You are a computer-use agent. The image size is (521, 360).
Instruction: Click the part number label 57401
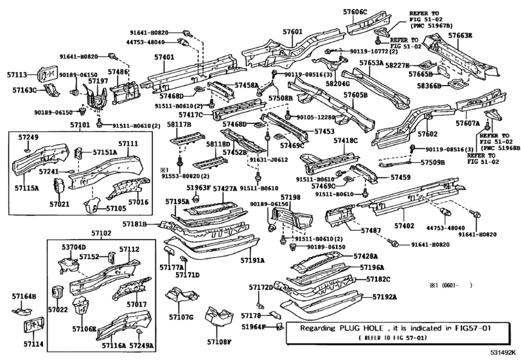pos(164,57)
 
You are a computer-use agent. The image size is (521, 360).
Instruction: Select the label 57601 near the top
pos(292,32)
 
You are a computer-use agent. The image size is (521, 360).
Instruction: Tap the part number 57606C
pos(355,12)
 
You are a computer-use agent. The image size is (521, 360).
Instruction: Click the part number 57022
pos(57,309)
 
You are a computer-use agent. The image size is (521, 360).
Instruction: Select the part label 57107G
pos(181,317)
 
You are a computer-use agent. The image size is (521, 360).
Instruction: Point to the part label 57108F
pos(218,342)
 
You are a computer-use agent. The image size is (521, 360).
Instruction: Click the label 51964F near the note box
pos(254,327)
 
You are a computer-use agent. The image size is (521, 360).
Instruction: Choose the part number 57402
pos(405,226)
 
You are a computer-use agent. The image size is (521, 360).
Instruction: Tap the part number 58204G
pos(338,84)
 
